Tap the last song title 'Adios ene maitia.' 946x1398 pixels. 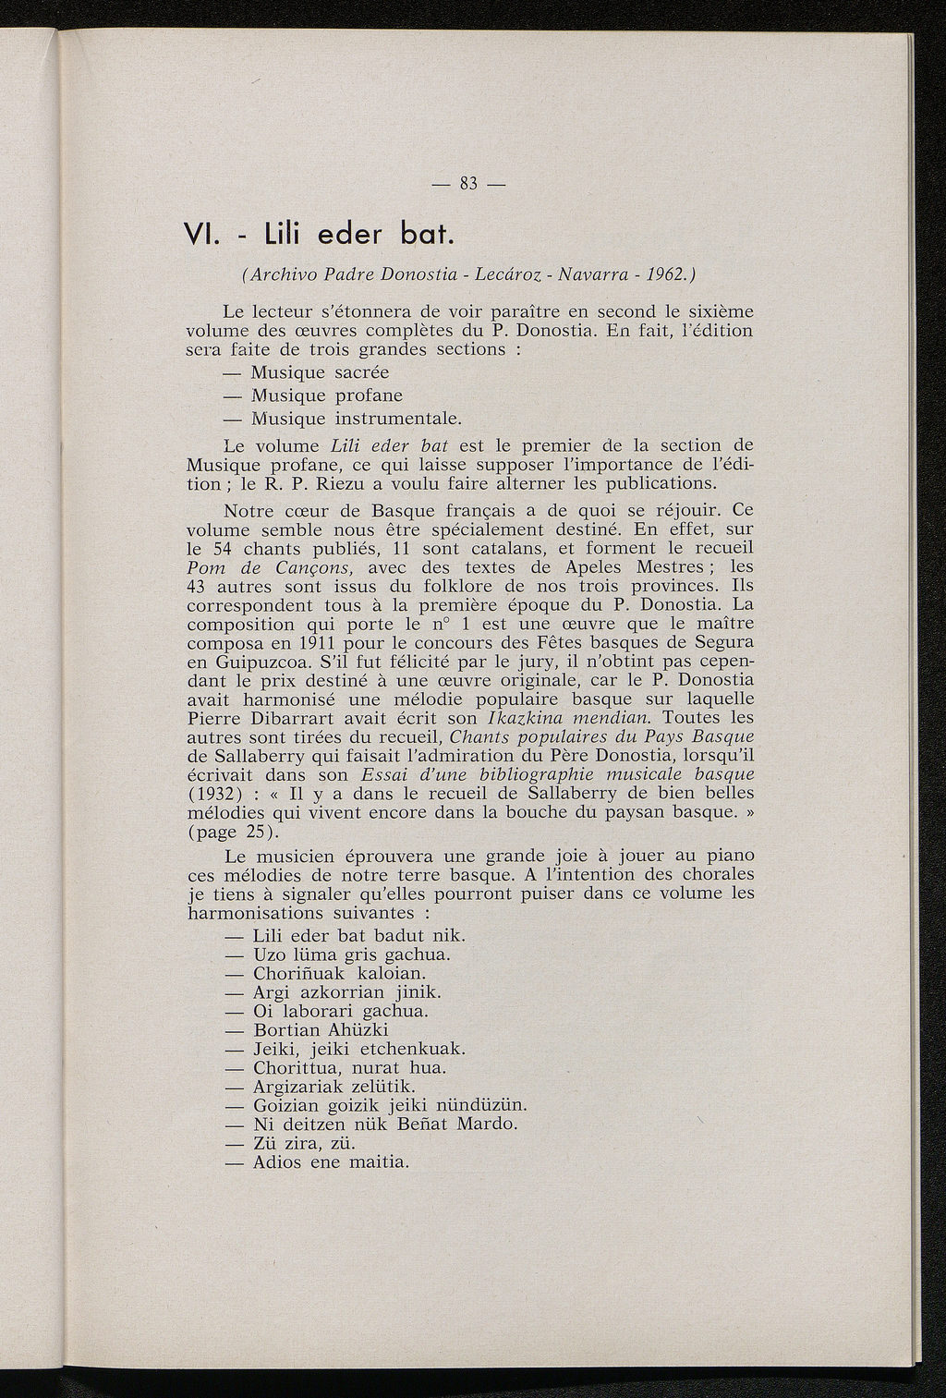click(x=330, y=1161)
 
